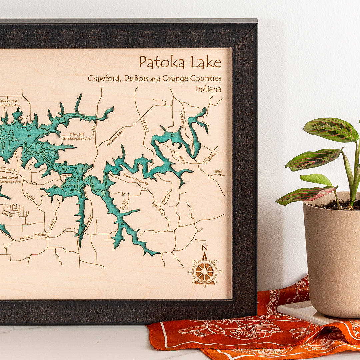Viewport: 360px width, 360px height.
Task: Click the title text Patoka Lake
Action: pos(180,62)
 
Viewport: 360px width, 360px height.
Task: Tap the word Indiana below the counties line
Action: pos(208,89)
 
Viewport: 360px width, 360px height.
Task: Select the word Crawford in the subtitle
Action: pos(104,78)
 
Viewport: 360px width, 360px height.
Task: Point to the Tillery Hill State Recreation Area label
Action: pos(77,136)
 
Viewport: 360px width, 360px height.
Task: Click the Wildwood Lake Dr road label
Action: pos(116,137)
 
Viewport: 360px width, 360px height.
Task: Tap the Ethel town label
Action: pos(218,171)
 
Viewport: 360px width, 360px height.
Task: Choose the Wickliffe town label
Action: pos(39,235)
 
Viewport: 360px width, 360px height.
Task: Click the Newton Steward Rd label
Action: pos(136,179)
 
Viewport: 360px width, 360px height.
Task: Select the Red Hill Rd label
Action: pos(157,208)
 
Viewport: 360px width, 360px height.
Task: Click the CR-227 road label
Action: pos(123,204)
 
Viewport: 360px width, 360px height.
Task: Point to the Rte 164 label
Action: pos(25,238)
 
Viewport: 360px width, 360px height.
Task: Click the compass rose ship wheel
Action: pos(204,271)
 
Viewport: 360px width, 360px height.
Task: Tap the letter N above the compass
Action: pos(205,248)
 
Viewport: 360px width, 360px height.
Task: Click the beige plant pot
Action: pos(332,257)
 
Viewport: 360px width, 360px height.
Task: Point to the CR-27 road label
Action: pos(52,224)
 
